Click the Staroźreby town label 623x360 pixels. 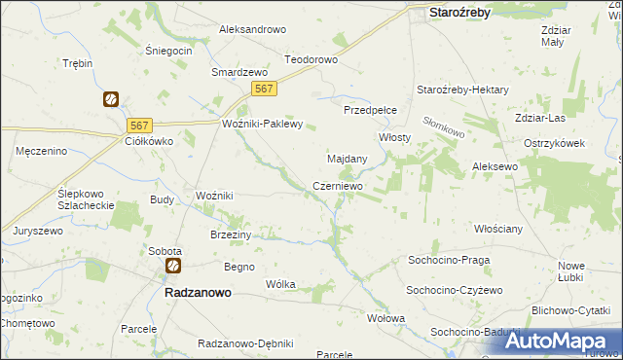pos(459,13)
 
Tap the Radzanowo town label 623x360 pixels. pos(191,291)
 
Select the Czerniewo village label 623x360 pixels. pos(338,185)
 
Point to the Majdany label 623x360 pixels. pos(347,158)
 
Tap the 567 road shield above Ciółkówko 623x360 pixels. pos(140,125)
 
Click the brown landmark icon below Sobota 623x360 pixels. pos(172,266)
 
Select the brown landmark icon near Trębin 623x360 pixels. pos(111,99)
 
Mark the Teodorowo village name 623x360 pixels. pos(311,59)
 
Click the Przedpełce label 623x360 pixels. pos(369,111)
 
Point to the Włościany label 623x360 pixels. pos(498,229)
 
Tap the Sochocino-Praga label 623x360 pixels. pos(449,261)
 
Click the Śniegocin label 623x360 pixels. pos(167,50)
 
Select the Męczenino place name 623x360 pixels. pos(41,151)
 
